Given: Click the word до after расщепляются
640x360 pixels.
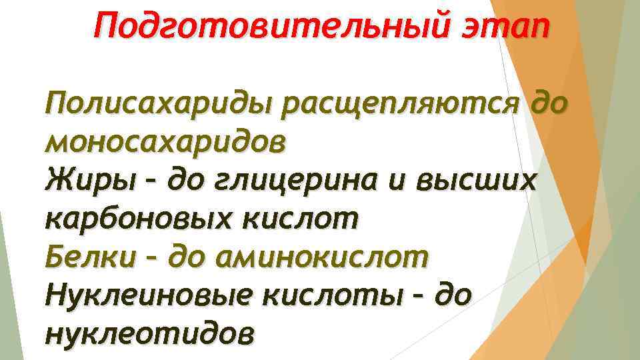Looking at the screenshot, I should [x=550, y=105].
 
